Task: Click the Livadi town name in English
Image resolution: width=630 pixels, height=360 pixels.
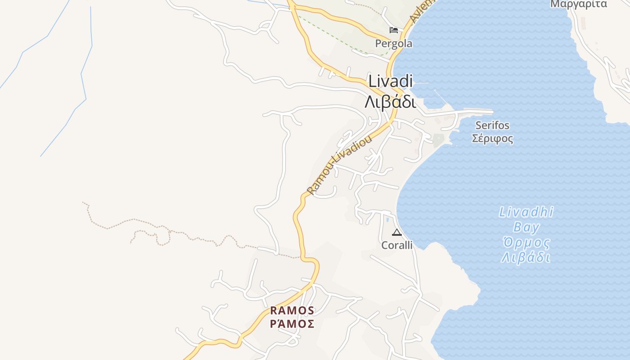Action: [x=390, y=81]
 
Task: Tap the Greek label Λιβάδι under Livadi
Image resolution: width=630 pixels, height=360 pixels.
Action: [x=390, y=102]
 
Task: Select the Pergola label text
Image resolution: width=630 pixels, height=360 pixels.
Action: [x=394, y=44]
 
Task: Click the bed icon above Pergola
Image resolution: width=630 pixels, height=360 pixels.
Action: [x=394, y=30]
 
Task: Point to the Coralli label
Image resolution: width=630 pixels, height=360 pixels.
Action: [x=397, y=245]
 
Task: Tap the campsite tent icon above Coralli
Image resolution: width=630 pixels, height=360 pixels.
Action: [x=396, y=233]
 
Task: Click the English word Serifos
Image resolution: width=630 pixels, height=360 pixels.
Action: [x=492, y=126]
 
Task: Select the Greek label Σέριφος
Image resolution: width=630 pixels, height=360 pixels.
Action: [x=492, y=138]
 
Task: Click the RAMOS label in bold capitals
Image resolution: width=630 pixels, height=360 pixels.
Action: [x=292, y=310]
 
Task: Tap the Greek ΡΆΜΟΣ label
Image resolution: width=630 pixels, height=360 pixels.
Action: [x=292, y=324]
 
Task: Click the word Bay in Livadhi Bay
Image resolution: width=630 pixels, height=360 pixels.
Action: [x=526, y=227]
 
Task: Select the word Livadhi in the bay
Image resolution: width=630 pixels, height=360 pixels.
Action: [x=526, y=212]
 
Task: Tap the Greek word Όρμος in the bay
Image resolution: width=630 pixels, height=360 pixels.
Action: [x=526, y=243]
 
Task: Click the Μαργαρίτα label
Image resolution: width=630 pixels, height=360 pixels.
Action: [x=579, y=4]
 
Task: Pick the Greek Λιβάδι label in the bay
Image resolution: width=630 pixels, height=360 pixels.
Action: [x=526, y=258]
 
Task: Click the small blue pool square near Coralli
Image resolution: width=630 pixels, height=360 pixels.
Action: [x=387, y=220]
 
